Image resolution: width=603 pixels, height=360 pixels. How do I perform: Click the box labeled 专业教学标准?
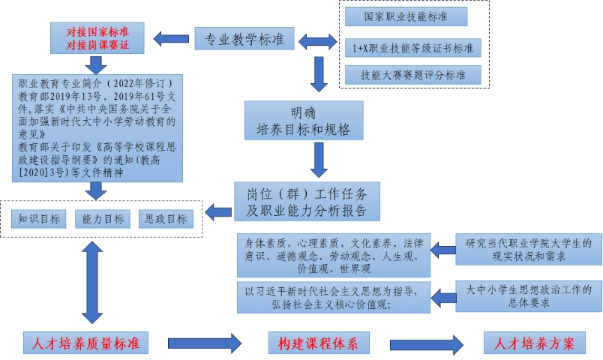[244, 39]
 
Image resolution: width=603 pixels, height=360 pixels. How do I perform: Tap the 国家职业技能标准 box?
[406, 16]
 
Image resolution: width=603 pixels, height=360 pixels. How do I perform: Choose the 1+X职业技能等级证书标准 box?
[413, 49]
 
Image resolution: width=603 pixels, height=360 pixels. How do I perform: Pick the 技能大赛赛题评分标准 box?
[413, 75]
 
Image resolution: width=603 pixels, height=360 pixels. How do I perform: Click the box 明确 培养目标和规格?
[303, 121]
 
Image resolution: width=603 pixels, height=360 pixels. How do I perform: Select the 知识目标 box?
[40, 218]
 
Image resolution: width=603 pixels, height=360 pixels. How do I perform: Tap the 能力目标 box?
[103, 218]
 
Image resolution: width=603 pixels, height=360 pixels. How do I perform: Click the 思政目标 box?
[166, 218]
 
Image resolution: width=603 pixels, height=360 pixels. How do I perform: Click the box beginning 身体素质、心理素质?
[334, 256]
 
